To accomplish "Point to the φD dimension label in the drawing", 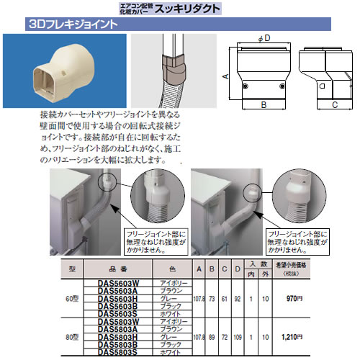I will pos(265,37).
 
